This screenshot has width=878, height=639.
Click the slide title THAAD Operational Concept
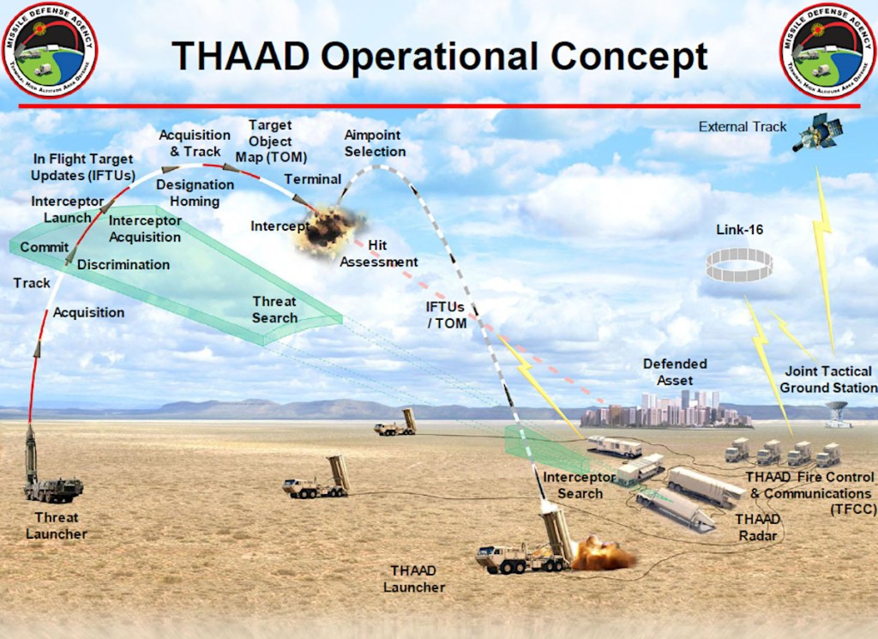(x=440, y=56)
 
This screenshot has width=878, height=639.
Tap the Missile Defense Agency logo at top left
(x=50, y=49)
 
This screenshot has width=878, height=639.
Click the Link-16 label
(x=739, y=231)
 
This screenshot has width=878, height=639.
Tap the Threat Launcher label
(x=56, y=525)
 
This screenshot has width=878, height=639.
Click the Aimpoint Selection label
(x=375, y=143)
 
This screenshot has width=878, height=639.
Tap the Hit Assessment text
(x=378, y=254)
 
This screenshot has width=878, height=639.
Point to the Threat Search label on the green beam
(x=274, y=310)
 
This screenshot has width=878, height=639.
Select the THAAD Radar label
(x=757, y=527)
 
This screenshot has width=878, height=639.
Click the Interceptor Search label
(x=579, y=485)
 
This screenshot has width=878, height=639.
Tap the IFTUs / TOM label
(x=447, y=314)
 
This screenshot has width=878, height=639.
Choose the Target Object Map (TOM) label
(x=270, y=142)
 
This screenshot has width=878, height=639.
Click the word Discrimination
(x=123, y=264)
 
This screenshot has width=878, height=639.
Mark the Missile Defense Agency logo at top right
(x=827, y=49)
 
